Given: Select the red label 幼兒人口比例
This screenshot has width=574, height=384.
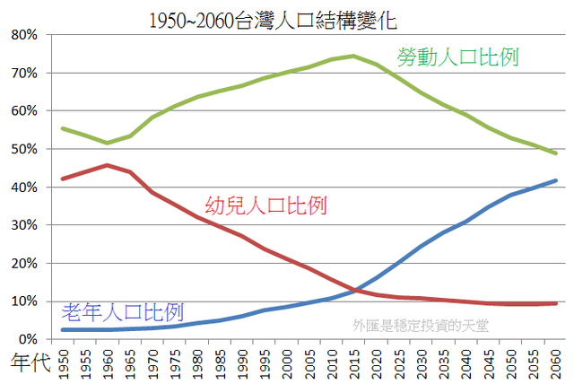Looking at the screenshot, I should [266, 205].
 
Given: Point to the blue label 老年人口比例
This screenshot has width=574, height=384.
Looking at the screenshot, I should [123, 312].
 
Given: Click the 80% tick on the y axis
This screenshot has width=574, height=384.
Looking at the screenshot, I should [22, 35].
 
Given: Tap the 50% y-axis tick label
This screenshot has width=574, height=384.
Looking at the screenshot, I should [22, 149].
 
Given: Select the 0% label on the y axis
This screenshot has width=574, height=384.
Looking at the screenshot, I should [26, 339].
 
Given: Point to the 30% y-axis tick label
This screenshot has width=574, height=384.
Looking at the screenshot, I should [22, 225].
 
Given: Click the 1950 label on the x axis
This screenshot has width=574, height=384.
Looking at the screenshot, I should [63, 361].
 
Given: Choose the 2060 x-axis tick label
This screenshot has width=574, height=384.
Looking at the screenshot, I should [553, 361].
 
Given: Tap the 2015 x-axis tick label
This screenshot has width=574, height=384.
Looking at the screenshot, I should [352, 361].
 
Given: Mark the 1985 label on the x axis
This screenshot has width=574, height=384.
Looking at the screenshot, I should [219, 361].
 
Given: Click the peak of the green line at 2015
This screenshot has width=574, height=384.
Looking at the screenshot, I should [353, 57].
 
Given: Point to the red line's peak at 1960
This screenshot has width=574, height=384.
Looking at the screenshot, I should [108, 165].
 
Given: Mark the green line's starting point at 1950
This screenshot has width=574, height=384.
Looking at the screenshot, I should [63, 128].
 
